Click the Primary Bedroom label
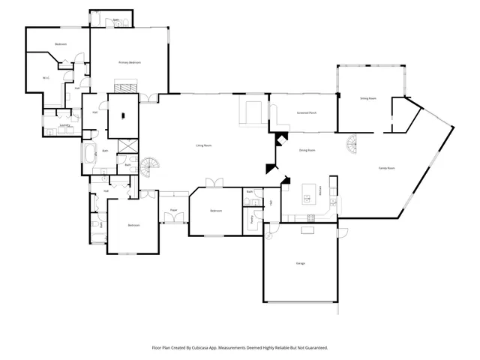pyautogui.click(x=130, y=62)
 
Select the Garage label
pyautogui.click(x=300, y=263)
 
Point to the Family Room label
pyautogui.click(x=386, y=168)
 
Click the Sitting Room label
pyautogui.click(x=367, y=98)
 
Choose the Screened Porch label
pyautogui.click(x=307, y=113)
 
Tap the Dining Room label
pyautogui.click(x=307, y=150)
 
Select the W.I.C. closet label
pyautogui.click(x=46, y=77)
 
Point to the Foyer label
pyautogui.click(x=173, y=210)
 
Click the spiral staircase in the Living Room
pyautogui.click(x=152, y=166)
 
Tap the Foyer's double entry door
pyautogui.click(x=173, y=219)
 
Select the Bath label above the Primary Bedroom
pyautogui.click(x=115, y=21)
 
